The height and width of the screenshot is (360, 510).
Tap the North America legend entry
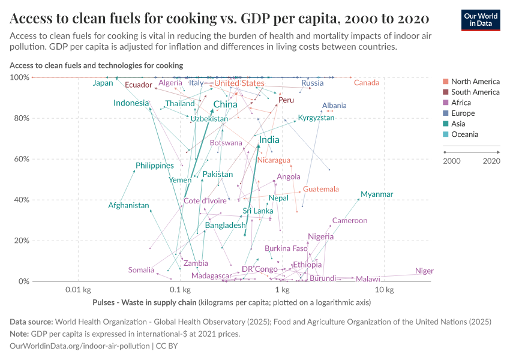pos(475,82)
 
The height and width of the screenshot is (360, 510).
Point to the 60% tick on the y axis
pos(20,159)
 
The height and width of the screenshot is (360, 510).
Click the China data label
pos(225,104)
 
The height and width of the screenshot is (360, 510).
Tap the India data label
pos(269,140)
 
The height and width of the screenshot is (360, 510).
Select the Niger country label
pos(424,271)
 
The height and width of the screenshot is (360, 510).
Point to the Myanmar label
pos(377,194)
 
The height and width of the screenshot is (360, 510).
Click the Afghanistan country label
pos(128,206)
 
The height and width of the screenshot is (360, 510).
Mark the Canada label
pos(366,83)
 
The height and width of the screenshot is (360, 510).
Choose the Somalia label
pos(141,270)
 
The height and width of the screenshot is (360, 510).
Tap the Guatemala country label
pos(320,189)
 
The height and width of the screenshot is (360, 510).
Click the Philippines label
pos(155,166)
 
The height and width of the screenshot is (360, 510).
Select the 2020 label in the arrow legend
pos(491,161)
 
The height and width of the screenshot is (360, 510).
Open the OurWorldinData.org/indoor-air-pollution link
pos(79,346)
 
